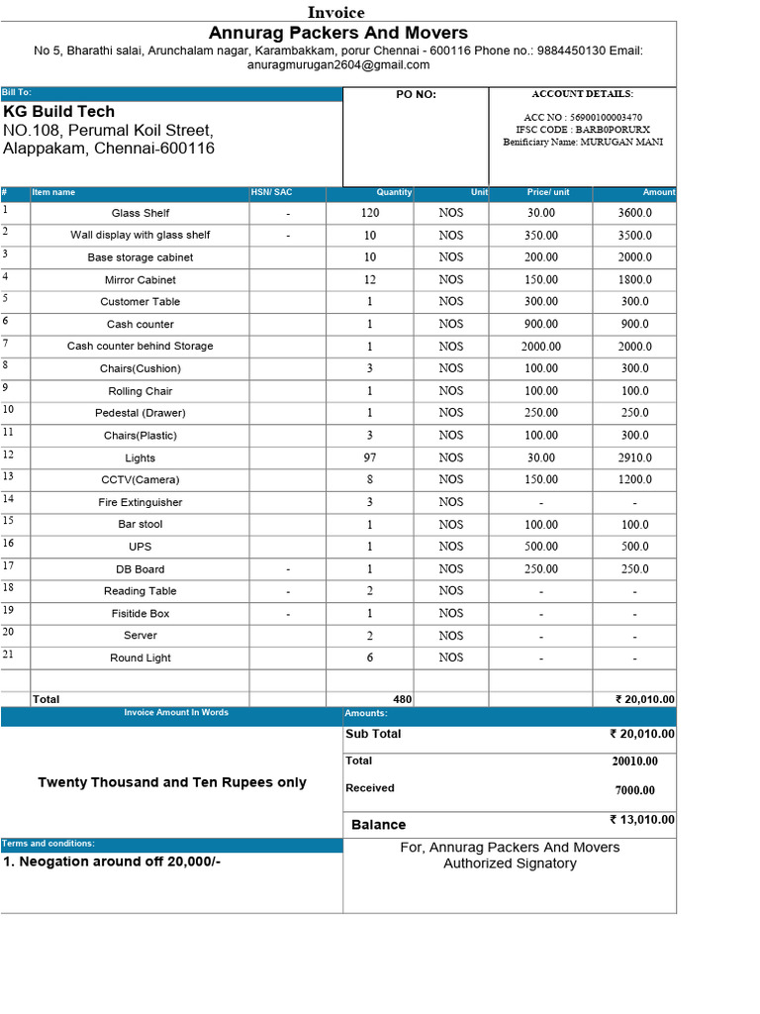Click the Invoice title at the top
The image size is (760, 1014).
tap(336, 12)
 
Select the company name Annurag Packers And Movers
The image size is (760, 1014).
tap(338, 33)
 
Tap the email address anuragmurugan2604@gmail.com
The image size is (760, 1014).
tap(338, 65)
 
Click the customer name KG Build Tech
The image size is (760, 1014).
tap(59, 112)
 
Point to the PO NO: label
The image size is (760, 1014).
tap(416, 95)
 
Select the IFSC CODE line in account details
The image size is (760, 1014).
tap(583, 130)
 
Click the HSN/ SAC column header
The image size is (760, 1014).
tap(271, 192)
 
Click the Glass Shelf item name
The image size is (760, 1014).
tap(141, 213)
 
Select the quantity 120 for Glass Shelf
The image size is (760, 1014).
tap(370, 213)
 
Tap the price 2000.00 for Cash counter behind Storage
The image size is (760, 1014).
tap(541, 347)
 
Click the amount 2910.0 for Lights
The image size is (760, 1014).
tap(635, 458)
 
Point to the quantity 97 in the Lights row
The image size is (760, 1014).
tap(370, 457)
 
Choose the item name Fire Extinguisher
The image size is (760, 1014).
tap(141, 502)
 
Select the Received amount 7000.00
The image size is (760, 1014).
tap(634, 790)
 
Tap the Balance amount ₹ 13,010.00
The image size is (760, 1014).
tap(642, 820)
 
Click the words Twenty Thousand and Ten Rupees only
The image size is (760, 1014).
tap(172, 782)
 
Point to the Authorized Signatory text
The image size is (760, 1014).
tap(510, 863)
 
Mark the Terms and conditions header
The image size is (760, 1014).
tap(48, 844)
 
